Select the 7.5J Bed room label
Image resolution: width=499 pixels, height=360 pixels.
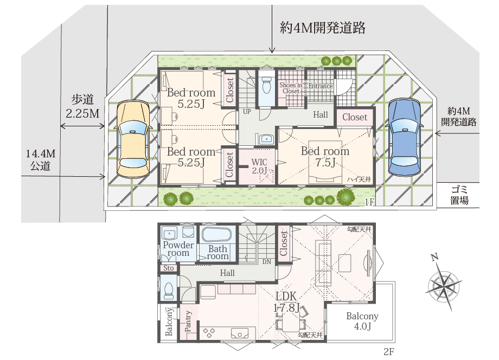click(325, 157)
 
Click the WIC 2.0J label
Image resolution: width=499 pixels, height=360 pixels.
click(259, 166)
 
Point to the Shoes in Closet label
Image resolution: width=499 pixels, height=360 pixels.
click(291, 88)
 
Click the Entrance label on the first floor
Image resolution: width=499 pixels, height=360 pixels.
click(321, 86)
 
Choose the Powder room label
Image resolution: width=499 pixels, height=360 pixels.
click(178, 249)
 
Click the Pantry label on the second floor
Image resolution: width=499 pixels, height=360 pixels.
click(188, 321)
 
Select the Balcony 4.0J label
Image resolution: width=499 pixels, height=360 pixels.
click(362, 321)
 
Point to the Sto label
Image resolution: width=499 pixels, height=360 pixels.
click(168, 268)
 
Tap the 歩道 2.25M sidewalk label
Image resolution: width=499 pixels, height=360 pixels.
click(82, 107)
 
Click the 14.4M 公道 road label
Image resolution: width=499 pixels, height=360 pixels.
click(41, 160)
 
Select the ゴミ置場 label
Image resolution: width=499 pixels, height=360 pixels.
click(459, 195)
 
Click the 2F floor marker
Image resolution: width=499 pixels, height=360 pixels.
click(388, 351)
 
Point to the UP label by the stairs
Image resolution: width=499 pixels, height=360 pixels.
click(246, 112)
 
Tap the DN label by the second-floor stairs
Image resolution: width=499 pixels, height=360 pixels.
click(266, 262)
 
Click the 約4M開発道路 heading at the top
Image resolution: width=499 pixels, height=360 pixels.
click(322, 27)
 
